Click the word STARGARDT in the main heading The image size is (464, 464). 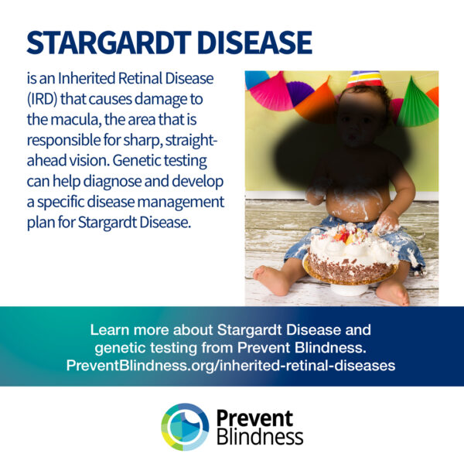pos(109,43)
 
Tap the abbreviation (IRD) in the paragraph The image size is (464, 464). pos(42,100)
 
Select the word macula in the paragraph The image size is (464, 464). pos(75,120)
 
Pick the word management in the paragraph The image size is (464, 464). pos(180,203)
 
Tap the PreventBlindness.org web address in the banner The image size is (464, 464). pos(230,366)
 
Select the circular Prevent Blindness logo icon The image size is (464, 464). pos(185,427)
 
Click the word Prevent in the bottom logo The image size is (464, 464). pos(254,418)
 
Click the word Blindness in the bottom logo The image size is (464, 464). pos(260,436)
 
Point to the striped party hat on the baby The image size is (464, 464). pos(364,79)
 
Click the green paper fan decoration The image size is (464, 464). pos(417,102)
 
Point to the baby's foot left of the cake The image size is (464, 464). pos(271,279)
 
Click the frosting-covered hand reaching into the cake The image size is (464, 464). pos(386,222)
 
